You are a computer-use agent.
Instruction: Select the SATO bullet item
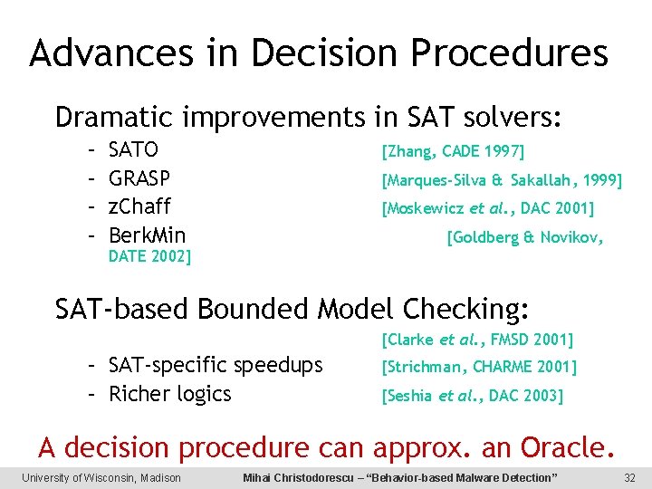tap(133, 149)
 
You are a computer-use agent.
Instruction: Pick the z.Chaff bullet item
tap(139, 206)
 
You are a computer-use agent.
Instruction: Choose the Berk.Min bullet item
tap(147, 235)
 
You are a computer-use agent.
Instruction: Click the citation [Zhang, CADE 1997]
tap(453, 150)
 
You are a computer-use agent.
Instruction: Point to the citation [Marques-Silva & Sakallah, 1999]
tap(502, 180)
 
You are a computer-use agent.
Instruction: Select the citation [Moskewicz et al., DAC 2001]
tap(488, 209)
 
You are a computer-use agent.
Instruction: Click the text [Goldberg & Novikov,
tap(525, 238)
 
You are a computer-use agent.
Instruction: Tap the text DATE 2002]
tap(149, 256)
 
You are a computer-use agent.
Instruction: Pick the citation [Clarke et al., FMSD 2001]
tap(477, 340)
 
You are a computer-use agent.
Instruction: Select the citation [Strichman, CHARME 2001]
tap(479, 367)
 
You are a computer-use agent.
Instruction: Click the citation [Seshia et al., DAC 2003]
tap(472, 396)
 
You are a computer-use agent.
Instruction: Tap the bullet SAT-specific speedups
tap(216, 365)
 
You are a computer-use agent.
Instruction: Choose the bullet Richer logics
tap(169, 394)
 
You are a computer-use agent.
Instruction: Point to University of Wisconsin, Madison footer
tap(101, 477)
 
